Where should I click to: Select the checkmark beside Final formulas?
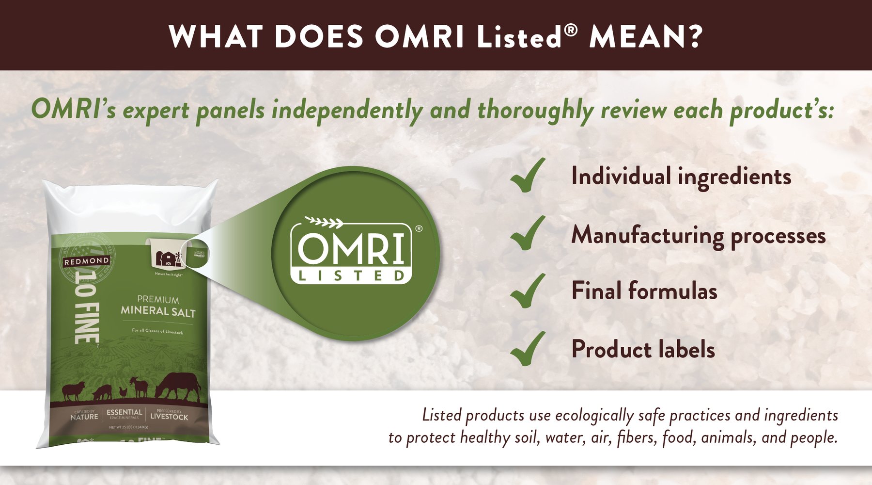coord(527,291)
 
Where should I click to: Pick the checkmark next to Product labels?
coord(527,349)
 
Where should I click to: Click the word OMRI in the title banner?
coord(420,37)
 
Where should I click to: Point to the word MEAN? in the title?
coord(645,37)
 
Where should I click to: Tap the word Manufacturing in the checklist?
coord(647,236)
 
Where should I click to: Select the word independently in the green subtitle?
coord(347,111)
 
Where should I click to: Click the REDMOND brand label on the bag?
coord(86,261)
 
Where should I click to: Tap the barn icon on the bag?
coord(167,258)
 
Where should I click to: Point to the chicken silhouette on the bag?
coord(124,391)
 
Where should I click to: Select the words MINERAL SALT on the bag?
coord(158,311)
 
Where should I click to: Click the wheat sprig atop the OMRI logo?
coord(324,222)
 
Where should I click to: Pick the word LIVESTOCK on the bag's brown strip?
coord(169,417)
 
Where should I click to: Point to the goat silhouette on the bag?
coord(140,388)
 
